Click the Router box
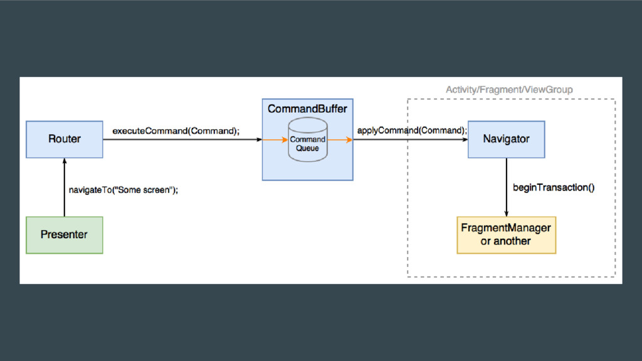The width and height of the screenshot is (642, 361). click(x=65, y=139)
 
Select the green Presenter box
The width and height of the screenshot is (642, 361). click(x=65, y=235)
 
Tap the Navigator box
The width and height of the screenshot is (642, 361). click(x=506, y=139)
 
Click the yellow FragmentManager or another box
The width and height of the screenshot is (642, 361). click(x=506, y=235)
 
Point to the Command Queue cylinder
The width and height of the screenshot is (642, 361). click(x=307, y=140)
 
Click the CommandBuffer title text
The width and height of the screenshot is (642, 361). click(x=307, y=109)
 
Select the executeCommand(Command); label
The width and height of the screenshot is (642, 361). click(x=176, y=131)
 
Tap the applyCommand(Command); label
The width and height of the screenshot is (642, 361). click(x=412, y=130)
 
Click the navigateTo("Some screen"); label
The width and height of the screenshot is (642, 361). click(x=124, y=190)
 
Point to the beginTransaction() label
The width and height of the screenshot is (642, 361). click(x=554, y=187)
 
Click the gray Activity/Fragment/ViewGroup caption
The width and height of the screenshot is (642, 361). click(x=509, y=90)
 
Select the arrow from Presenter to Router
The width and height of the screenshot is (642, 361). click(x=65, y=187)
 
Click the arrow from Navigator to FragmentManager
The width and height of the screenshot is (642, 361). click(x=507, y=187)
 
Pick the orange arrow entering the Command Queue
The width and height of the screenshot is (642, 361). click(x=275, y=140)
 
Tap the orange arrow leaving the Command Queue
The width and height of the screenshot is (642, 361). click(x=340, y=140)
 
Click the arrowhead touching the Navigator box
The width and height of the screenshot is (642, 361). click(x=465, y=140)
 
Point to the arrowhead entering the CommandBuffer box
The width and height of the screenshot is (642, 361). click(x=259, y=140)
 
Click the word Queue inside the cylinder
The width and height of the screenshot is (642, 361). click(x=307, y=148)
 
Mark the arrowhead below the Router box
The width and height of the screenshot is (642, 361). click(x=65, y=161)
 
